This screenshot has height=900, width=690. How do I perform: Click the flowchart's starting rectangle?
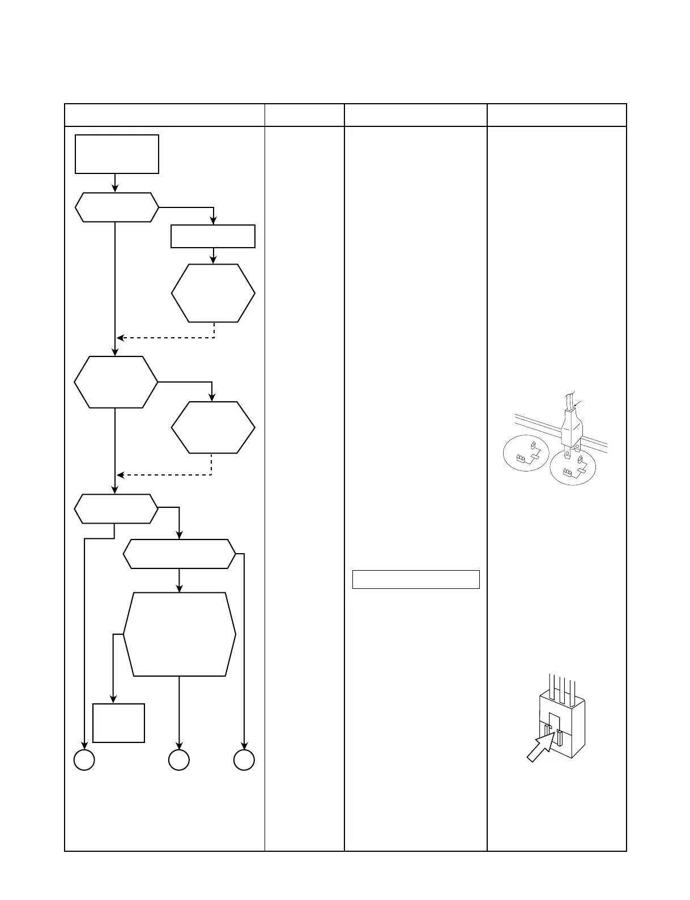[x=117, y=154]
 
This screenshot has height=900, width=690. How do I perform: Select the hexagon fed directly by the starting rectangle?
[x=117, y=207]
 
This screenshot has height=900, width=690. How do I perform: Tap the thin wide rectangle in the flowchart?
[x=213, y=236]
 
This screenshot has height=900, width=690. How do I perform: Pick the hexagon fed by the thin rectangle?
[x=213, y=293]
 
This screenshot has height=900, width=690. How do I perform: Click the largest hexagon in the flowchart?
[x=179, y=634]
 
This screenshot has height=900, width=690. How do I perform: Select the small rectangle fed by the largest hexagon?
[x=118, y=723]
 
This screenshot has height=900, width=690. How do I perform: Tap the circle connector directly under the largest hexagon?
[x=179, y=760]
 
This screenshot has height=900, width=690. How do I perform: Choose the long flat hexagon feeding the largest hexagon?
[x=179, y=554]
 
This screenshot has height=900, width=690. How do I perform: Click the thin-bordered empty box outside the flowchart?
[x=416, y=579]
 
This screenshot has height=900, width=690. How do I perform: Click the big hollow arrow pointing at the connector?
[x=541, y=747]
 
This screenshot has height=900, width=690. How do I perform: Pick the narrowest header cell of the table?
[x=305, y=115]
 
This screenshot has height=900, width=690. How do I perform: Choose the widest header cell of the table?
[x=165, y=115]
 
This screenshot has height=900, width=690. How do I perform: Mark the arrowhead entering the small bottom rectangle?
[x=113, y=699]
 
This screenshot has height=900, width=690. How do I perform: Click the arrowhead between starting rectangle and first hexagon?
[x=115, y=189]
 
